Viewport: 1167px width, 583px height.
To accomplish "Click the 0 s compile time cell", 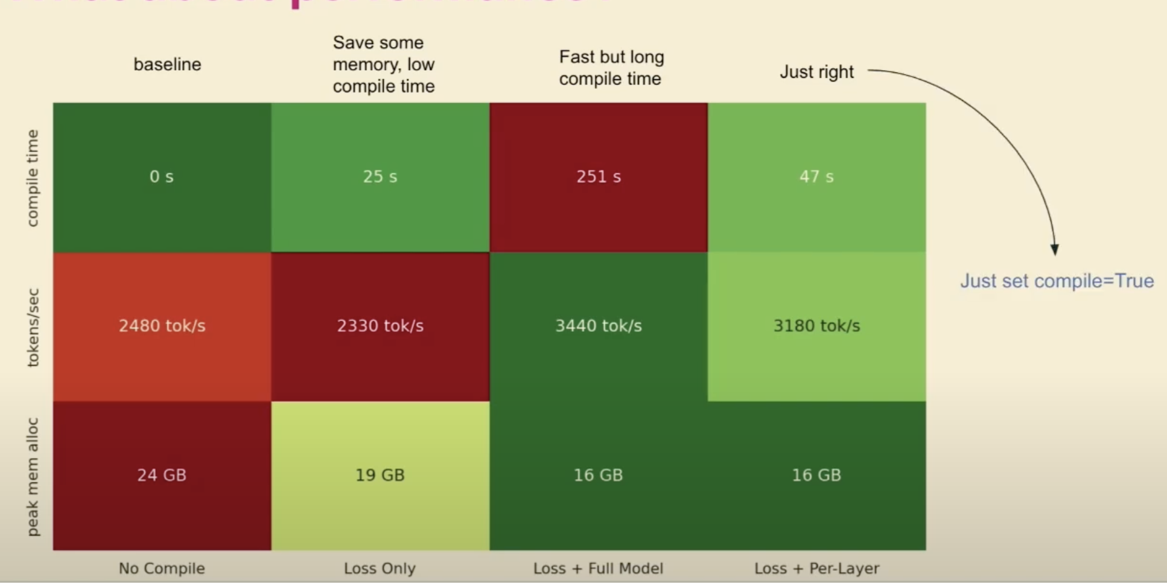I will pyautogui.click(x=162, y=177).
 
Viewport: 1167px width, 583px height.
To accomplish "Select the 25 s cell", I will pyautogui.click(x=380, y=177).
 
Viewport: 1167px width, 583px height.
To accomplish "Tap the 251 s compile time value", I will pyautogui.click(x=599, y=177).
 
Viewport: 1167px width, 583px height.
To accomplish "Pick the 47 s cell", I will pyautogui.click(x=816, y=177).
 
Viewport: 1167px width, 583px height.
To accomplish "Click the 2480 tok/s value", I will pyautogui.click(x=162, y=326).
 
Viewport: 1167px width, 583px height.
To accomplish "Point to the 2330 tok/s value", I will pyautogui.click(x=380, y=326).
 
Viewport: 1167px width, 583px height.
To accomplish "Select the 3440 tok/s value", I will pyautogui.click(x=599, y=326).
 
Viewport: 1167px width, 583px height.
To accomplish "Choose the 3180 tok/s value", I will pyautogui.click(x=816, y=326).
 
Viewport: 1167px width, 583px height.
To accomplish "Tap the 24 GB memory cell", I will pyautogui.click(x=162, y=475).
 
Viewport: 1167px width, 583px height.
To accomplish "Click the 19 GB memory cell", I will pyautogui.click(x=380, y=475).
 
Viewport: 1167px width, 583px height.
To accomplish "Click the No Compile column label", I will pyautogui.click(x=162, y=569).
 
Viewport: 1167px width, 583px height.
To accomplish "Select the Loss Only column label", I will pyautogui.click(x=380, y=569).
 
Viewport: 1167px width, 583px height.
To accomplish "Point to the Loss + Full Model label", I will pyautogui.click(x=599, y=569).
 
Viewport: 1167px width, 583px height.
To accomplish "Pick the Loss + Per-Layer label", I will pyautogui.click(x=816, y=569).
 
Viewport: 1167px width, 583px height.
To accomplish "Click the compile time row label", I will pyautogui.click(x=33, y=178).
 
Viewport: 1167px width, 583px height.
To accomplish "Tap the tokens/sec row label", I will pyautogui.click(x=33, y=328).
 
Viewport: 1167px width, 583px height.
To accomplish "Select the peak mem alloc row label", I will pyautogui.click(x=33, y=477).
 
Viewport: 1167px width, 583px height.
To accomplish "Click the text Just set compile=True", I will pyautogui.click(x=1057, y=281).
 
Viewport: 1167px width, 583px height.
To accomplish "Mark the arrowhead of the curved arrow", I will pyautogui.click(x=1054, y=249).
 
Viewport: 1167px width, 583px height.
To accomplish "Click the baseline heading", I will pyautogui.click(x=167, y=65).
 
